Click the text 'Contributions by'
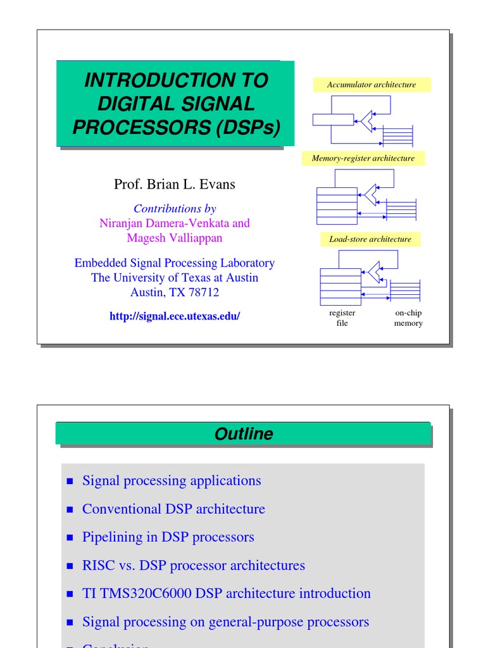tap(175, 208)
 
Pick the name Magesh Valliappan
tap(175, 238)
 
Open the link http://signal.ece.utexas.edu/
tap(175, 316)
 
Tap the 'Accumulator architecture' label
tap(371, 85)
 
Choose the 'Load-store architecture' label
tap(370, 239)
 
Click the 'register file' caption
tap(342, 318)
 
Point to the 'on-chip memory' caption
tap(408, 318)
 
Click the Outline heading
tap(244, 434)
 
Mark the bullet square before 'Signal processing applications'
tap(71, 482)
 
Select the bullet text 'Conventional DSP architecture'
tap(173, 509)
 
